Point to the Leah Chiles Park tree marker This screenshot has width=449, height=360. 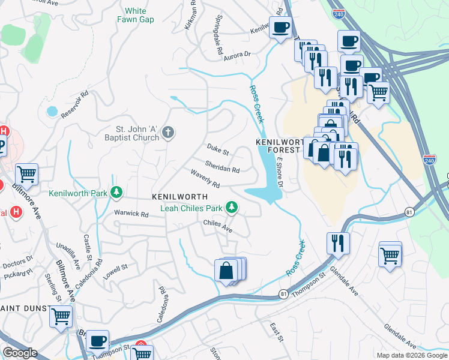[231, 208]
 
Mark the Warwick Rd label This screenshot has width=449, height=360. [131, 214]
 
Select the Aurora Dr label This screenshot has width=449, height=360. [237, 55]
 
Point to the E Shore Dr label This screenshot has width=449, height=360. [279, 174]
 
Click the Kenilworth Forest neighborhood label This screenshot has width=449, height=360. [277, 145]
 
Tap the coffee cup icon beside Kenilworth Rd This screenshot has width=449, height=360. [280, 28]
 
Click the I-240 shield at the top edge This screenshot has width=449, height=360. [340, 16]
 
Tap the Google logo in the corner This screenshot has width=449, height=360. [19, 353]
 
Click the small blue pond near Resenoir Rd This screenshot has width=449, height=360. [52, 111]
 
